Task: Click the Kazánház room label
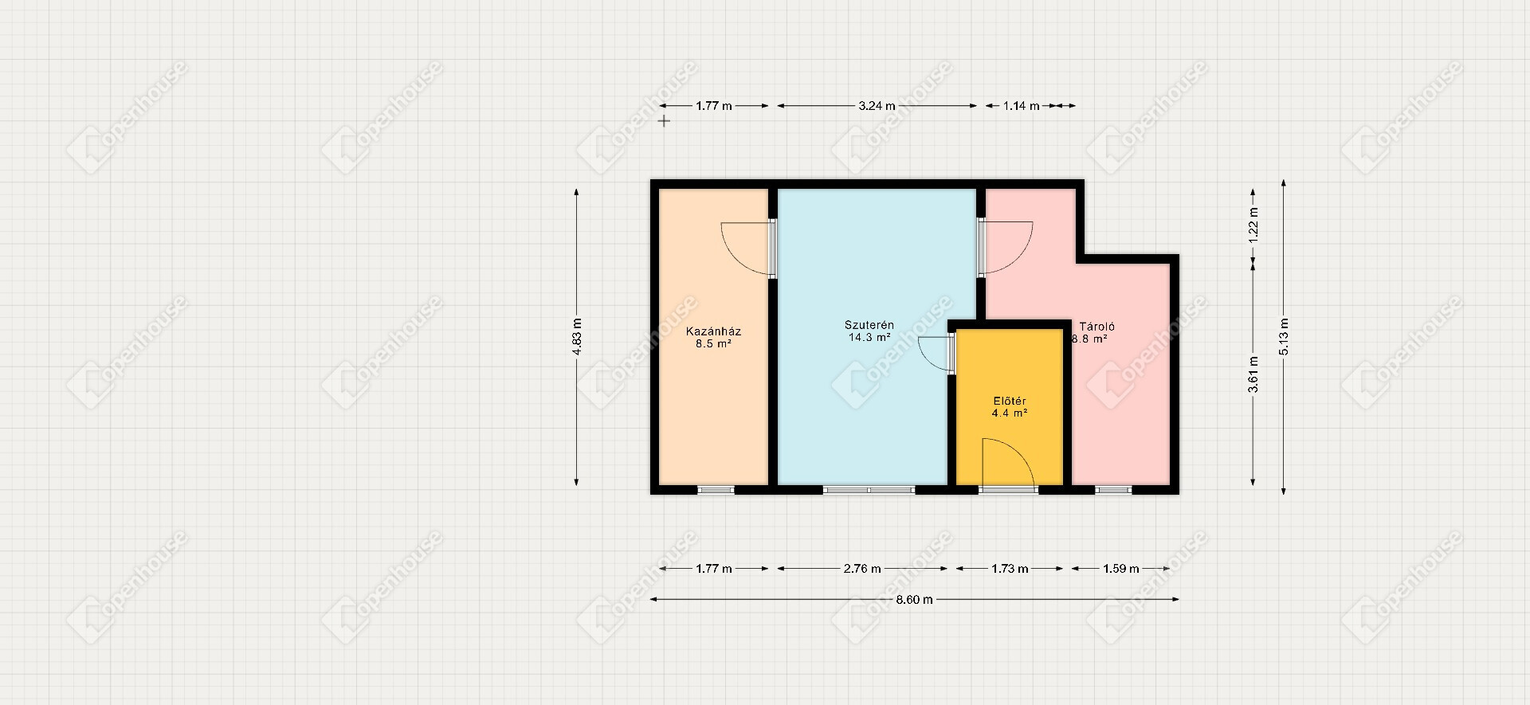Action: [713, 331]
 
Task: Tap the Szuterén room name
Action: [869, 325]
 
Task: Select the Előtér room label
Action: [1009, 401]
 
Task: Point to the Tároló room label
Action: [1096, 327]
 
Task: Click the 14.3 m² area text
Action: [869, 338]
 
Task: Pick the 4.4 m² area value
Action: [1009, 413]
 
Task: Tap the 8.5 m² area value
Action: [713, 344]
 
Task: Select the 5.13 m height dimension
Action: [1284, 338]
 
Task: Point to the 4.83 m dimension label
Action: [577, 338]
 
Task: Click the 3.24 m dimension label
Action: [877, 106]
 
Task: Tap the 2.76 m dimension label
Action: [862, 569]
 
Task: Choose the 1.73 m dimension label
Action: [1010, 569]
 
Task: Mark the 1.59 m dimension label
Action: [1120, 569]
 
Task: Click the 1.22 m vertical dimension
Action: [1253, 225]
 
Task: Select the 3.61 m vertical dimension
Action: [1253, 374]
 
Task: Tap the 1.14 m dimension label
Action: [1021, 106]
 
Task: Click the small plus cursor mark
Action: [664, 121]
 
